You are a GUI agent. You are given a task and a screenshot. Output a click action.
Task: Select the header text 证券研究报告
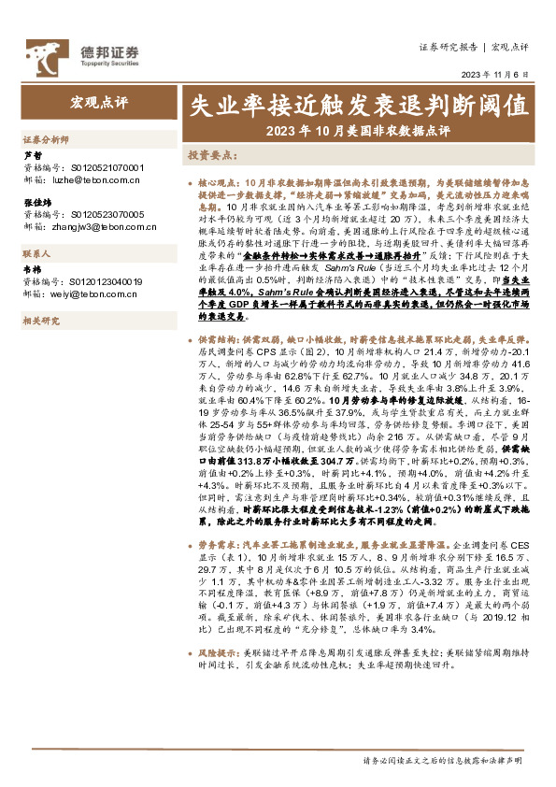point(449,46)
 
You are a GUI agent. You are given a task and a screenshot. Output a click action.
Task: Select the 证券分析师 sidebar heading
point(46,138)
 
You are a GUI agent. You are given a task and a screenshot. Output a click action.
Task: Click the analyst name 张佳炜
point(36,202)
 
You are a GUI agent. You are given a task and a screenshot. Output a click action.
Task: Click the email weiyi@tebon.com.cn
point(87,292)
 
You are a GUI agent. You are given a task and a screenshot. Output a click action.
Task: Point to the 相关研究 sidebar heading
point(39,321)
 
